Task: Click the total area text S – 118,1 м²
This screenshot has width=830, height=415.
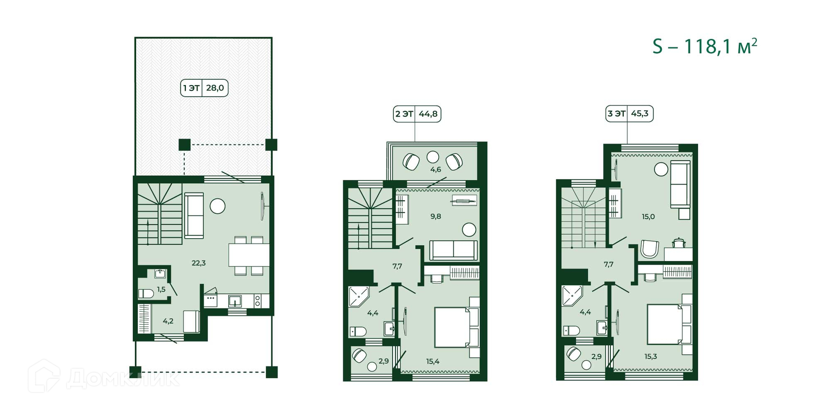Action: point(705,46)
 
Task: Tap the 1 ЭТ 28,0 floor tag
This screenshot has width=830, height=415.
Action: point(204,88)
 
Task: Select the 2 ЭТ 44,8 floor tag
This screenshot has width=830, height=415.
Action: point(417,114)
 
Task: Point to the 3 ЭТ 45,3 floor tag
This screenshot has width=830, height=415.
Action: point(629,114)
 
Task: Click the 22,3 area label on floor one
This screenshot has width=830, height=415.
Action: point(198,263)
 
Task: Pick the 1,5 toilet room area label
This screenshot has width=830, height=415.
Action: point(161,290)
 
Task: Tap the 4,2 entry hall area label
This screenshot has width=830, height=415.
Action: point(168,321)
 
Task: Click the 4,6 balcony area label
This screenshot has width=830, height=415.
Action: point(435,169)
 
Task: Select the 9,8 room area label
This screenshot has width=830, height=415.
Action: point(435,216)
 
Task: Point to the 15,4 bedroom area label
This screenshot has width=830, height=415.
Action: point(433,361)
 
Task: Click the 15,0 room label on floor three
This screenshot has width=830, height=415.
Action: point(648,217)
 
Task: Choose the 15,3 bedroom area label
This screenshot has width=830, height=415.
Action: point(651,357)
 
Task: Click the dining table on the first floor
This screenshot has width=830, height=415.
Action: point(249,255)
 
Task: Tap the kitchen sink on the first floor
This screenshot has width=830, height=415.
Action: point(235,301)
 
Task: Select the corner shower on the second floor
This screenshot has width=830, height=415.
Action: point(358,296)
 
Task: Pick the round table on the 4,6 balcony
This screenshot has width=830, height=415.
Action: point(433,157)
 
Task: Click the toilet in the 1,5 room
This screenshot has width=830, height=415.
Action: point(146,294)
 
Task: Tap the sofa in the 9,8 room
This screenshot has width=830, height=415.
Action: point(453,251)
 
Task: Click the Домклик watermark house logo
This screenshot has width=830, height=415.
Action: point(44,376)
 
